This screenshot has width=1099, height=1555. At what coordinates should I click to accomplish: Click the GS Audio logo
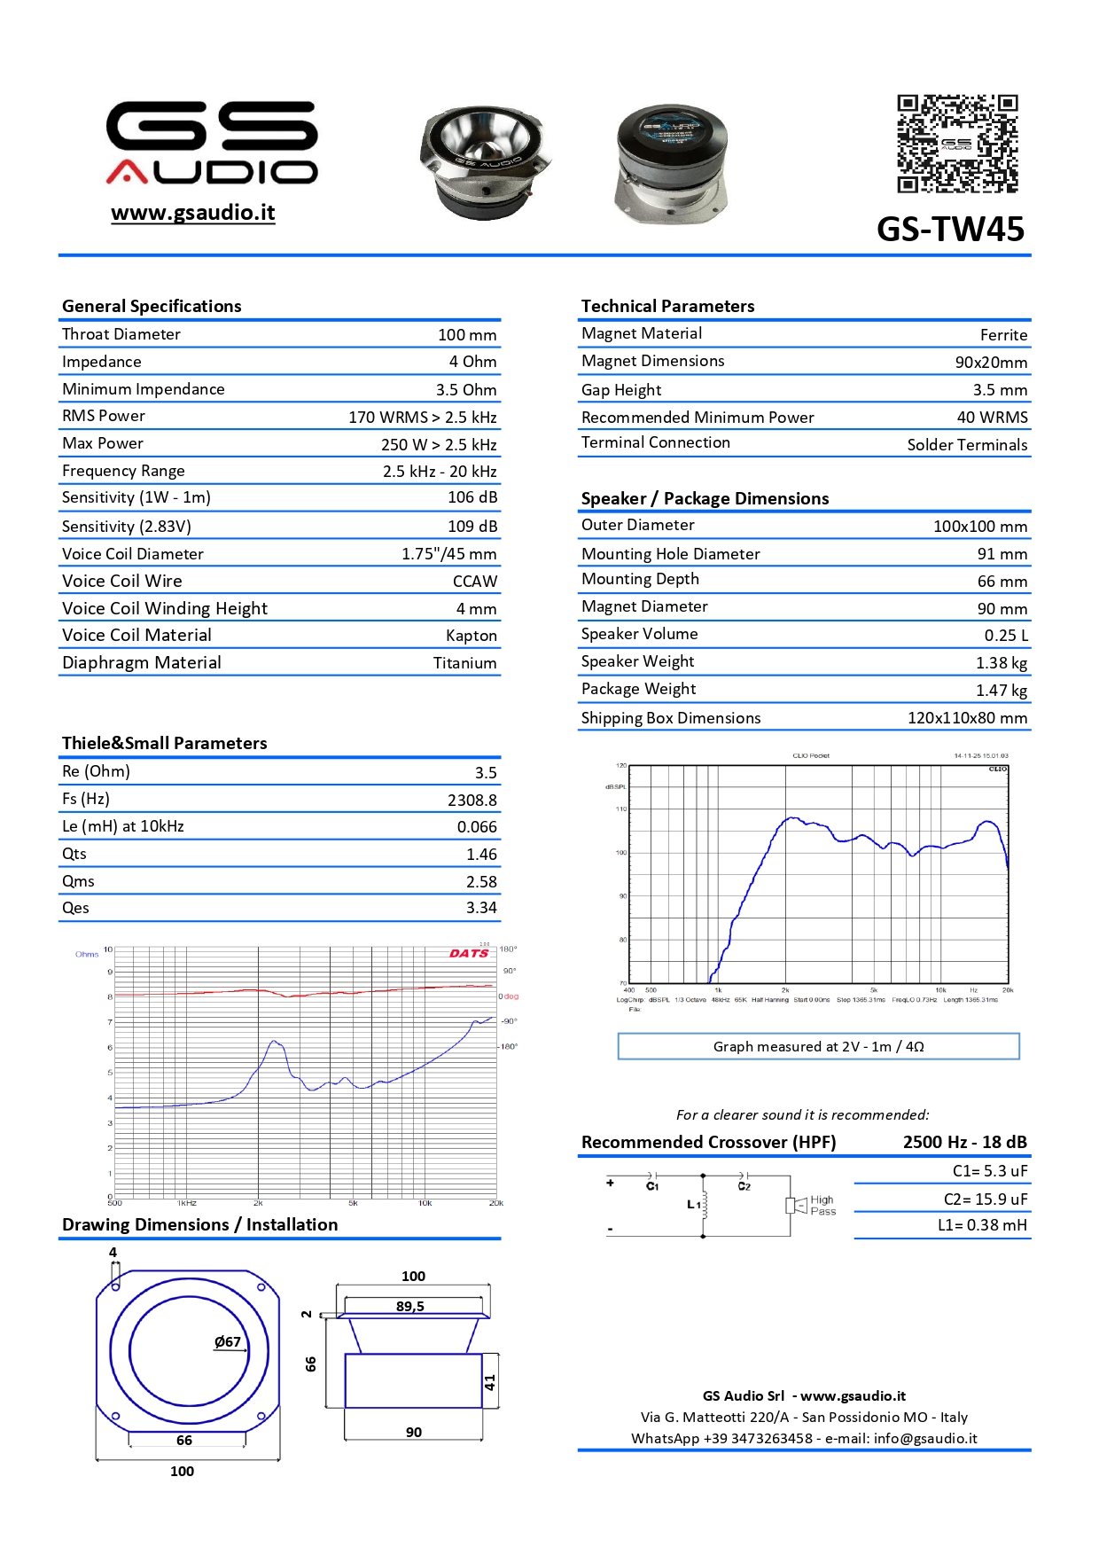click(212, 142)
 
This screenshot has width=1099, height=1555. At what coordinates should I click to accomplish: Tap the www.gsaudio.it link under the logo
click(193, 213)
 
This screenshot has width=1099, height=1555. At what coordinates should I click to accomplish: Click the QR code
click(957, 144)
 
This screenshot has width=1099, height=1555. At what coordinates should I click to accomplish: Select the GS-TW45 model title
click(950, 230)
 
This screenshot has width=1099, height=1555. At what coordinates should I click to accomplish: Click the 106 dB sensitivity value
click(472, 497)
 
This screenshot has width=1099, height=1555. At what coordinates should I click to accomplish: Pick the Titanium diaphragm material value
click(464, 663)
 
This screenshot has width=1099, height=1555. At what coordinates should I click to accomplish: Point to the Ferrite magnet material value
click(1003, 335)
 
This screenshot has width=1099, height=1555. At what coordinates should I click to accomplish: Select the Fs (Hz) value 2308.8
click(472, 800)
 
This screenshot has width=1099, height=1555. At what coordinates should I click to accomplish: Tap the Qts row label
click(74, 854)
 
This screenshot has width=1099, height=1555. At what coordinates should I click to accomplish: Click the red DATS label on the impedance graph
click(469, 954)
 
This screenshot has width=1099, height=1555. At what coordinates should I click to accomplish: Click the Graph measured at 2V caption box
click(818, 1046)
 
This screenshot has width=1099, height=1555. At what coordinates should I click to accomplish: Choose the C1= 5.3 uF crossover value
click(989, 1171)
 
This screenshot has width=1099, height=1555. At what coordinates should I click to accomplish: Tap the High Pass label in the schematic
click(822, 1206)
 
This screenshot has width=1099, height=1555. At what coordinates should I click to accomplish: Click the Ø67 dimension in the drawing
click(228, 1341)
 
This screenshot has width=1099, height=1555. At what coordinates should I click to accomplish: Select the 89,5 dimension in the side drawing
click(410, 1307)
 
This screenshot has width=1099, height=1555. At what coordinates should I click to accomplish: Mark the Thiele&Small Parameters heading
click(164, 743)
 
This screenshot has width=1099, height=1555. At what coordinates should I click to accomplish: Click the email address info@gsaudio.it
click(925, 1438)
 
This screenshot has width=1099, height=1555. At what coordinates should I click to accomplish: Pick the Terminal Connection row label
click(656, 442)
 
